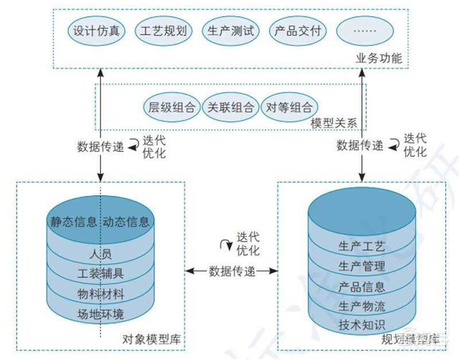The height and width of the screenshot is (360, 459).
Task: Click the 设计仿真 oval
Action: tap(96, 31)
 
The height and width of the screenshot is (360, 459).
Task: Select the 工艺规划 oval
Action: tap(164, 31)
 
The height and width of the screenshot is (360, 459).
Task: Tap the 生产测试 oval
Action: tap(231, 31)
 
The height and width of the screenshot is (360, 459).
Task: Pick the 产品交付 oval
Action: tap(298, 31)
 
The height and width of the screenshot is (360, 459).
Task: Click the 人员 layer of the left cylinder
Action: tap(101, 253)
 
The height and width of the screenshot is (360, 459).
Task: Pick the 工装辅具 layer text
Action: tap(101, 274)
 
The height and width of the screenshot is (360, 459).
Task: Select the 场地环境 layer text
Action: tap(101, 314)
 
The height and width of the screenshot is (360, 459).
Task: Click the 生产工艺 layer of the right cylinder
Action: tap(362, 247)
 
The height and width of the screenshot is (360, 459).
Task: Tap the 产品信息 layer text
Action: tap(362, 286)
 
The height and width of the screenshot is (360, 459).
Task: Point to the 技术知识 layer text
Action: tap(362, 324)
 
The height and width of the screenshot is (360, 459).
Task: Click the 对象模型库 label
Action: tap(151, 339)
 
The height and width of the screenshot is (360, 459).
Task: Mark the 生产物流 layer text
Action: tap(362, 305)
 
